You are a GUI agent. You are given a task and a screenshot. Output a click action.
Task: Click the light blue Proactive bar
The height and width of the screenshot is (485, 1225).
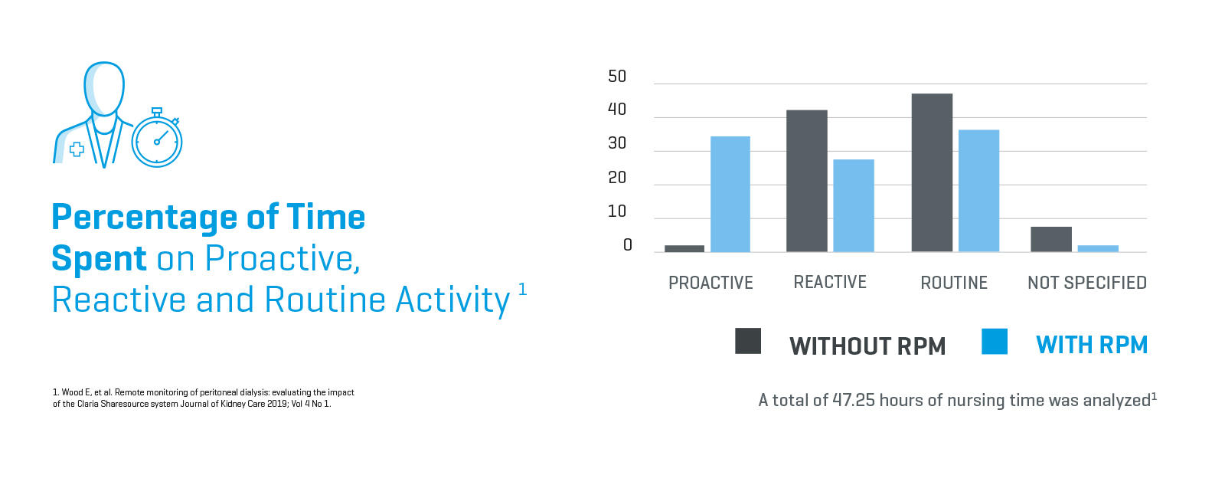click(x=730, y=194)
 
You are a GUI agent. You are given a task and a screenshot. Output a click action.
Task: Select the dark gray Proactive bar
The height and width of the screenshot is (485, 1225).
click(x=684, y=248)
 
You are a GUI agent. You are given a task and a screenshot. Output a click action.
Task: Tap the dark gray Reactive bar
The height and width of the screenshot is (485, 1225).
click(x=806, y=181)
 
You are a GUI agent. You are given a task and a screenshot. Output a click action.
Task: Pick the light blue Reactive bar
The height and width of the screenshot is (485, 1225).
click(x=853, y=205)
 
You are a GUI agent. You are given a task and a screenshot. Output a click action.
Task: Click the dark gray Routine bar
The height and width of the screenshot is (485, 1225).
click(x=932, y=172)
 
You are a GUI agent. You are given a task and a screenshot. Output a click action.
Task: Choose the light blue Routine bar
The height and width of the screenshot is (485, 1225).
click(x=978, y=191)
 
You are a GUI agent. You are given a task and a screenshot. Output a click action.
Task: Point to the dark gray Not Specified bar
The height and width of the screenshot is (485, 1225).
click(x=1050, y=239)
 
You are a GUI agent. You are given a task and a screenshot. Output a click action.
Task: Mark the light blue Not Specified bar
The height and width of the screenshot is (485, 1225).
click(x=1098, y=248)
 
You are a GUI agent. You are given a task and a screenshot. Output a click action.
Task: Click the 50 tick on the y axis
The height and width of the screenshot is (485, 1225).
click(x=616, y=77)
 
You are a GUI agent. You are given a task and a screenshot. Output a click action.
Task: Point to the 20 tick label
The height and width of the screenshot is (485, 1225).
click(x=616, y=178)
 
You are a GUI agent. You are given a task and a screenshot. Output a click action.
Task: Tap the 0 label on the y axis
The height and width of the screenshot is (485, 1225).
click(x=627, y=245)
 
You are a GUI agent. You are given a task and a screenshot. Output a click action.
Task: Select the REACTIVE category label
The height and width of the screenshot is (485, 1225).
click(x=830, y=283)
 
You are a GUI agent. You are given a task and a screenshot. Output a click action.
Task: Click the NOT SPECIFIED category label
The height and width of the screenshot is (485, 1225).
click(x=1086, y=283)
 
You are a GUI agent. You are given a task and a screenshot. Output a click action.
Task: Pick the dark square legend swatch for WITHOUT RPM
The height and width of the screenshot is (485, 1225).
click(x=747, y=341)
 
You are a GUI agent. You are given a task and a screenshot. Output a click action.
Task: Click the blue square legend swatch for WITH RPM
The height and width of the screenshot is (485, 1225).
click(x=994, y=341)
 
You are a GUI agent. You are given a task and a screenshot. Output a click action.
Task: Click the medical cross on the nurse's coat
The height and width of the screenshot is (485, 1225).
click(x=77, y=149)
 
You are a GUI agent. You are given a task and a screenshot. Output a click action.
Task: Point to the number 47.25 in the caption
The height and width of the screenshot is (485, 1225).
click(x=853, y=400)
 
